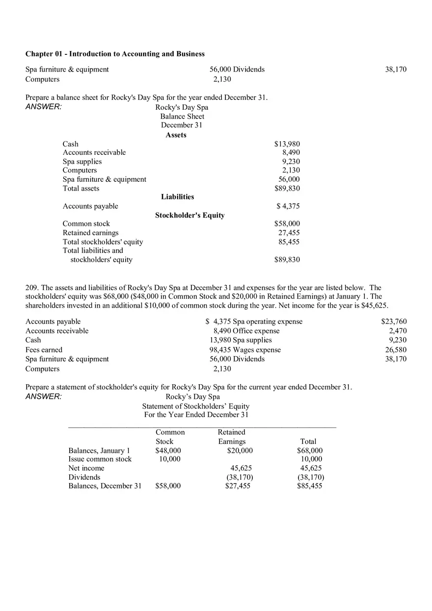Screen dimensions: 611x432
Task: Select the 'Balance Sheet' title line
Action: point(182,117)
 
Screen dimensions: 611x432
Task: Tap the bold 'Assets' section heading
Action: point(176,135)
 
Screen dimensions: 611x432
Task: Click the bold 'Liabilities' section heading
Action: point(177,197)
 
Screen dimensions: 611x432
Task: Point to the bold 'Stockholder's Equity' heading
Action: point(189,215)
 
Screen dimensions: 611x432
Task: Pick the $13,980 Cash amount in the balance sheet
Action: point(287,144)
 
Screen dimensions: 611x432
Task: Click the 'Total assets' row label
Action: point(81,189)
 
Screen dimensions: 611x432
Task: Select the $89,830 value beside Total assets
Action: point(287,189)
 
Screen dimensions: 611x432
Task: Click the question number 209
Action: point(31,288)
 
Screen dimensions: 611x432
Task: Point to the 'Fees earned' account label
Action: point(44,350)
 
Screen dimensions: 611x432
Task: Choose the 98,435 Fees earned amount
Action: point(220,350)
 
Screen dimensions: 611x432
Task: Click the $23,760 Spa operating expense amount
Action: point(394,322)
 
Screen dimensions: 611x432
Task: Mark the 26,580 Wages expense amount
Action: point(396,350)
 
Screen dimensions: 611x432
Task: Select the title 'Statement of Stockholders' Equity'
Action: point(196,406)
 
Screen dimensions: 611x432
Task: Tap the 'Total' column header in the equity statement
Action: point(308,441)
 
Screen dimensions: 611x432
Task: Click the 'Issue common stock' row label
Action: point(100,459)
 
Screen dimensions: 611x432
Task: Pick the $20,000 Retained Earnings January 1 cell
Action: point(240,451)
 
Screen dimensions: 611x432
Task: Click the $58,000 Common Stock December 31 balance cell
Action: point(168,486)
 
